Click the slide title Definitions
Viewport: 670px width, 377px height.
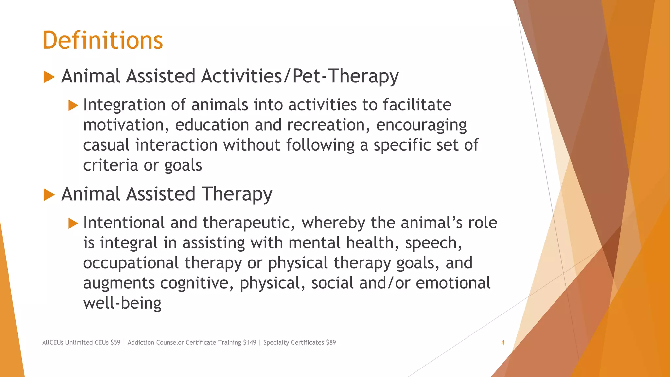click(103, 41)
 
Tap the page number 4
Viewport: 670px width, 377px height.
click(503, 342)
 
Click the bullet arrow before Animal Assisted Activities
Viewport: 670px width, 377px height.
click(49, 77)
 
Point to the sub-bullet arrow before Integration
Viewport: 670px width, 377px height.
click(73, 106)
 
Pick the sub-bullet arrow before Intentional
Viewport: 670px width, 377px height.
click(73, 224)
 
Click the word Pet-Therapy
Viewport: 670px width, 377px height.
click(345, 77)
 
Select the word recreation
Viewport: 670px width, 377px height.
click(328, 125)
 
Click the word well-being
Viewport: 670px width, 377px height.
click(122, 303)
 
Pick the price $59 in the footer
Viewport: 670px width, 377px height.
click(115, 342)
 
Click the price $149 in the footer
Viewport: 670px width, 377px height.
click(250, 342)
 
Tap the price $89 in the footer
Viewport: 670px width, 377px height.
click(331, 342)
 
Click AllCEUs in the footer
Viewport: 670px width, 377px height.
click(53, 342)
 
